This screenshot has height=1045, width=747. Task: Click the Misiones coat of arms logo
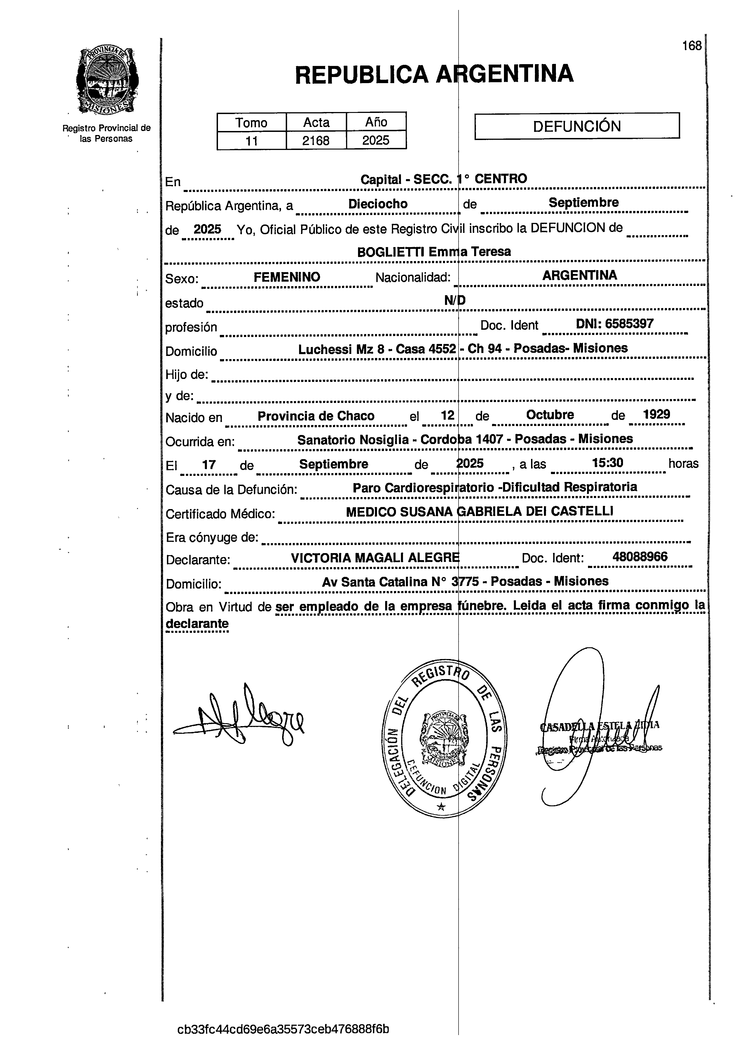click(107, 80)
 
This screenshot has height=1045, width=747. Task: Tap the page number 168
click(692, 46)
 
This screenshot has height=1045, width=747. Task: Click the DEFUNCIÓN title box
click(577, 126)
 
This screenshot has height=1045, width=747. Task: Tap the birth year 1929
click(656, 414)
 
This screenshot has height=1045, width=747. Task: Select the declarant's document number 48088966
click(640, 557)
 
